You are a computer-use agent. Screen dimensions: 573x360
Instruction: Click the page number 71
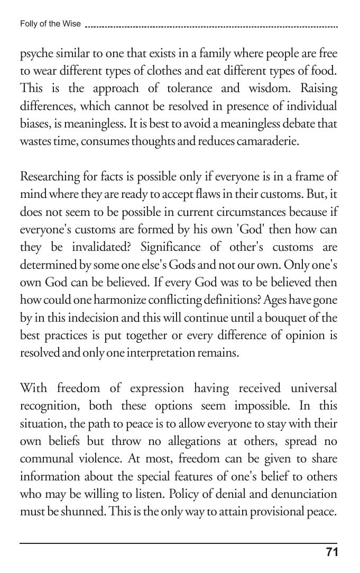(331, 552)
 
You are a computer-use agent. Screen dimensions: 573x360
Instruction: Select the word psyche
(36, 54)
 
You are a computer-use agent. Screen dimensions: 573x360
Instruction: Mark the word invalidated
(110, 245)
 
